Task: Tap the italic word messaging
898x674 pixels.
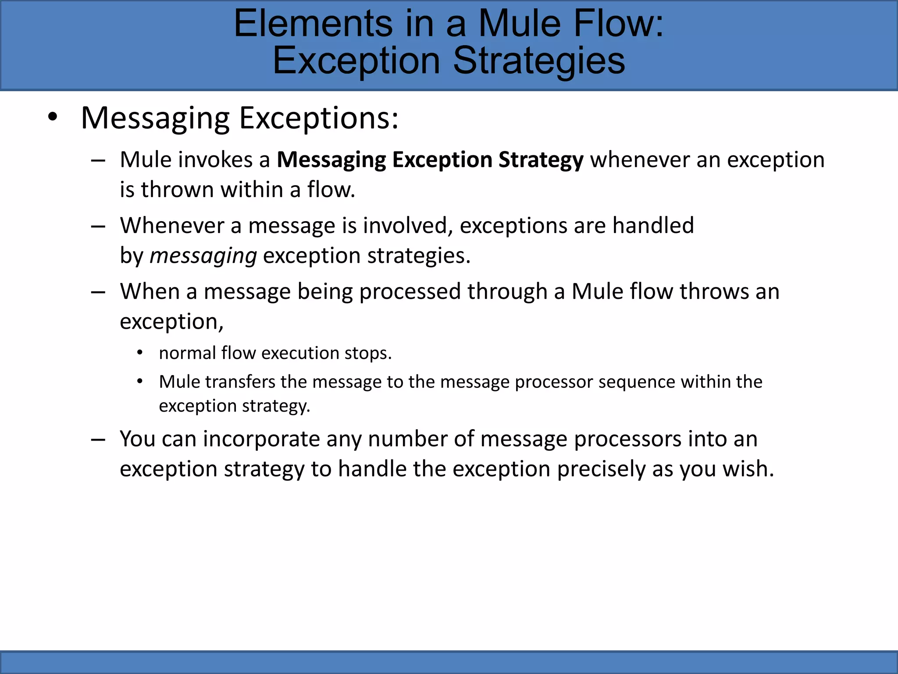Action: coord(203,256)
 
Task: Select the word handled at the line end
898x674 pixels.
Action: coord(653,226)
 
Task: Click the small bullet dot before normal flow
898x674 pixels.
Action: coord(139,353)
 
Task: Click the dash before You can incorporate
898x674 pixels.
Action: coord(98,439)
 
